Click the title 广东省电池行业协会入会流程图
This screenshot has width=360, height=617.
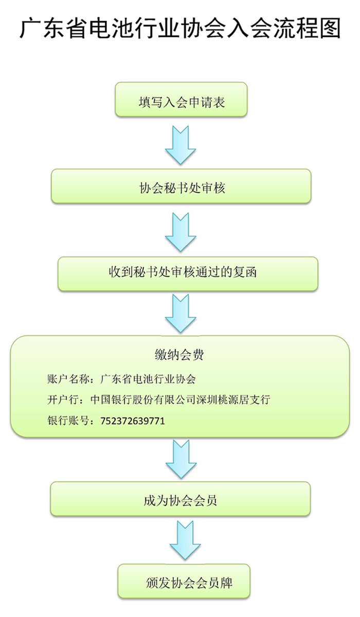[179, 28]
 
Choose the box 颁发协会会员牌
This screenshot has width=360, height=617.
[184, 583]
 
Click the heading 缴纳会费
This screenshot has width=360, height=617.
[181, 354]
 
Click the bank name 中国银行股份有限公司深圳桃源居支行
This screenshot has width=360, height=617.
[180, 400]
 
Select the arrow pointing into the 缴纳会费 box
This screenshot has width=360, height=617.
[181, 313]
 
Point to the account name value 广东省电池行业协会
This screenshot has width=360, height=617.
[149, 379]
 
